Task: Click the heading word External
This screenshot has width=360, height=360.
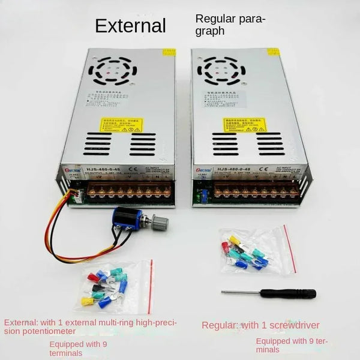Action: pyautogui.click(x=130, y=26)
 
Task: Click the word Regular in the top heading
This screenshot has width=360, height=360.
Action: pyautogui.click(x=212, y=19)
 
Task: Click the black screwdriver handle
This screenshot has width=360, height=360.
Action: pyautogui.click(x=297, y=294)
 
